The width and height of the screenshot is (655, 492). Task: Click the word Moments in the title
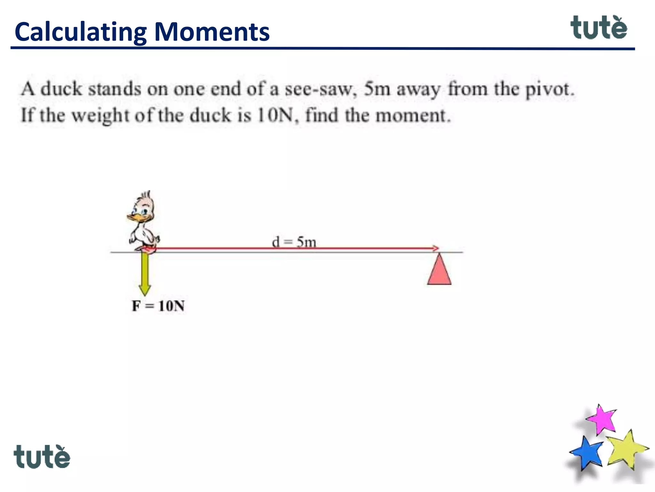coord(212,32)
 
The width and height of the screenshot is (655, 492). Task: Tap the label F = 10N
coord(158,306)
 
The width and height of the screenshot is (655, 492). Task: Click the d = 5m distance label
coord(294,242)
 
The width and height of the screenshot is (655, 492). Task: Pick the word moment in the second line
coord(413,115)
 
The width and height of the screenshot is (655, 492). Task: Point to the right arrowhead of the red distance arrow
coord(436,248)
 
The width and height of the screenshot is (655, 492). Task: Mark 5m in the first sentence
coord(377,89)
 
